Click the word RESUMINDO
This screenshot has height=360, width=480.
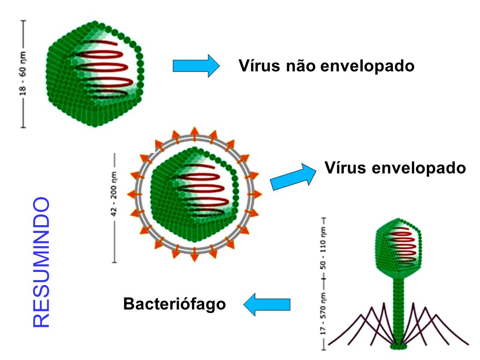(41, 262)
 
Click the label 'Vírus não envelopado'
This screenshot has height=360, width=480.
(326, 66)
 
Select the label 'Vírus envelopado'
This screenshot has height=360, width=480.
(395, 168)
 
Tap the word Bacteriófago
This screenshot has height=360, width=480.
(174, 303)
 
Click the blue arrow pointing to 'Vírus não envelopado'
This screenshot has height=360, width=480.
(196, 66)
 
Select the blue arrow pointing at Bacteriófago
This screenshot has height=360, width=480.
(267, 304)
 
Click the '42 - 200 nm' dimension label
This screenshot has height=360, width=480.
(114, 207)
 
